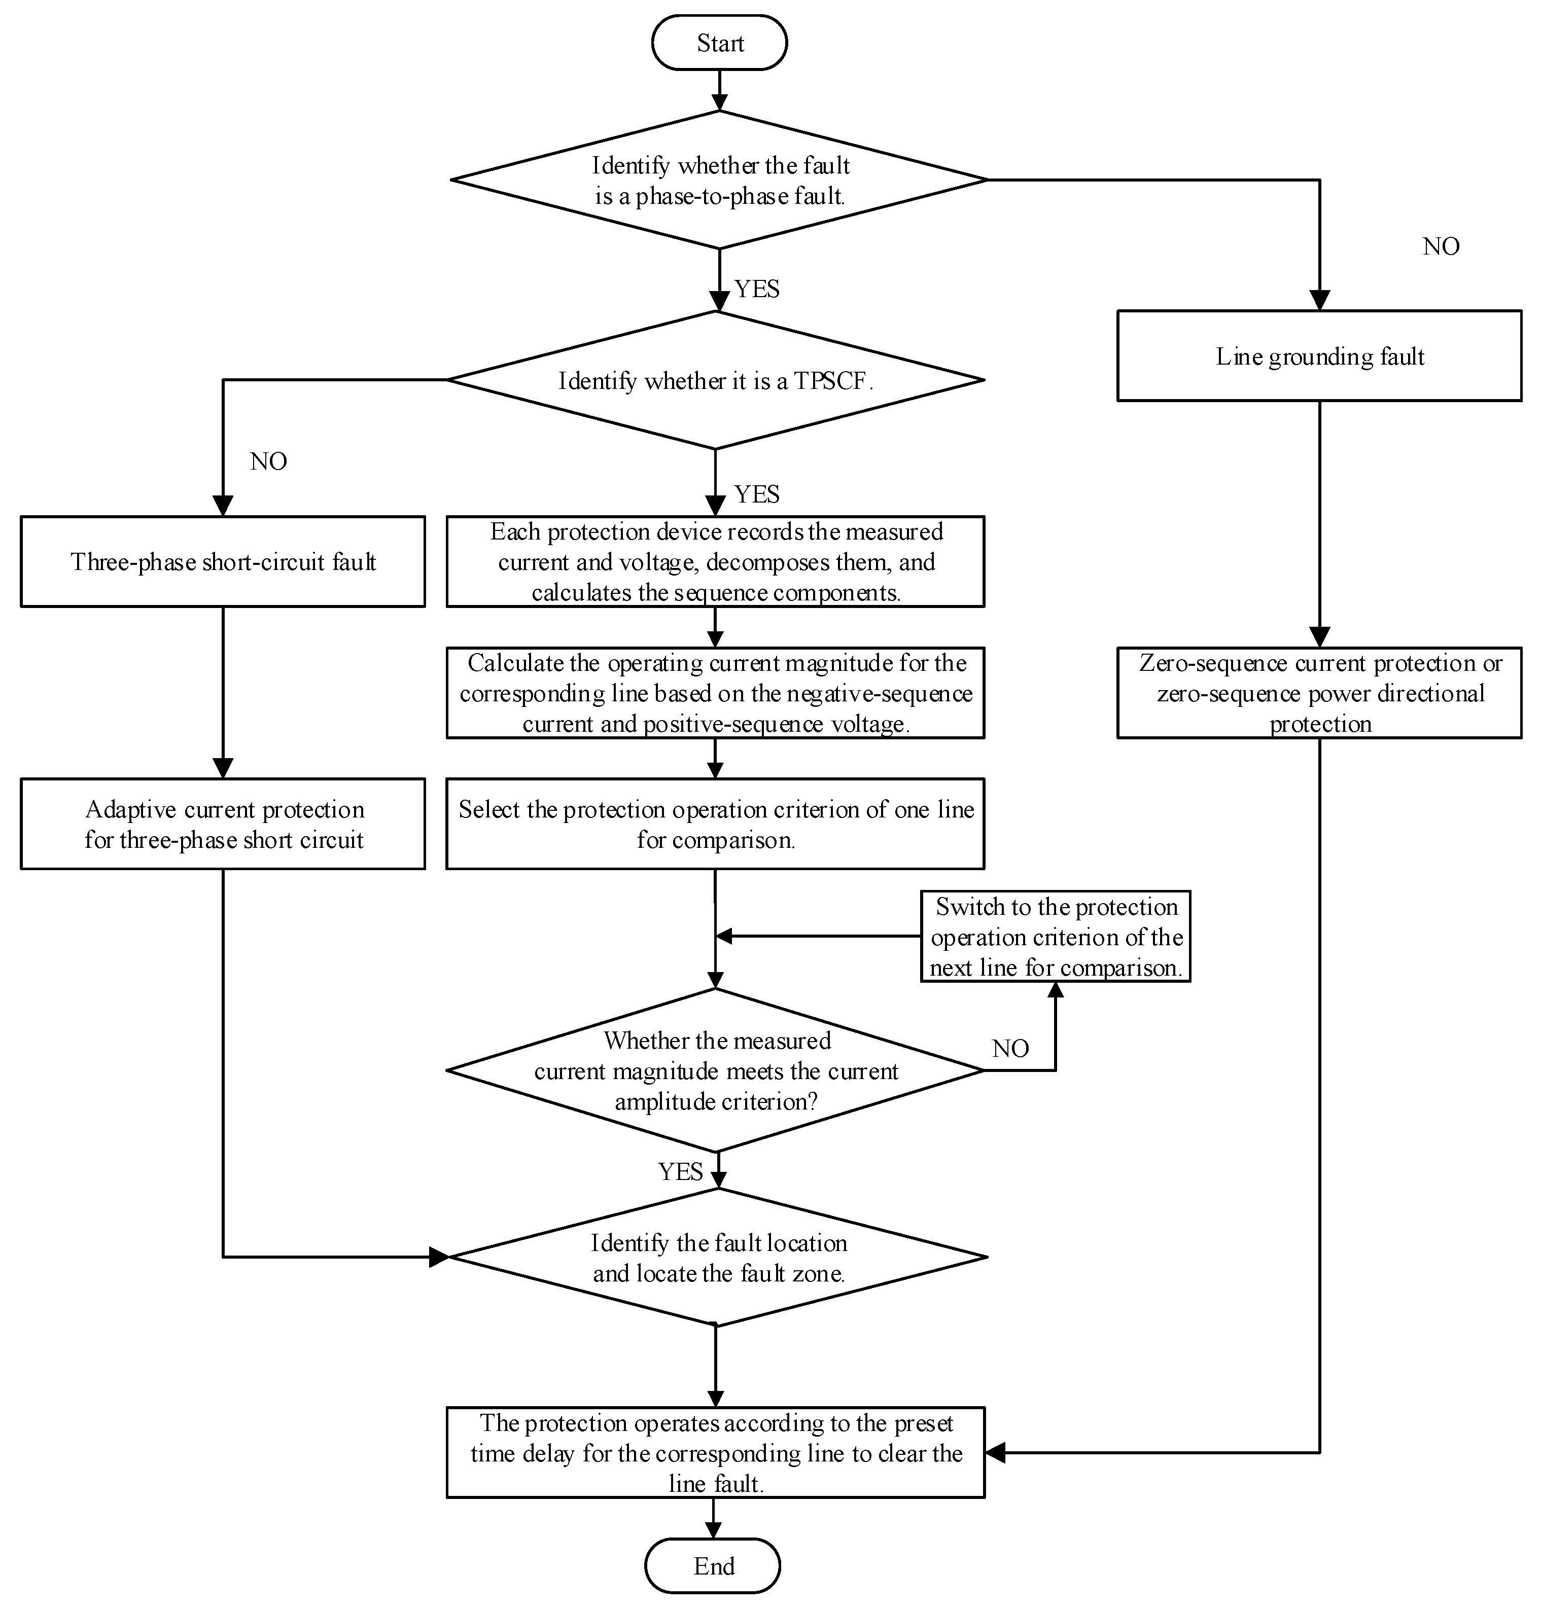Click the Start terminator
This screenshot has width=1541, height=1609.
(x=719, y=43)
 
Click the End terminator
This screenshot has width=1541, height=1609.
(x=713, y=1565)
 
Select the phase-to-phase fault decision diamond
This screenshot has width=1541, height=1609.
(x=719, y=180)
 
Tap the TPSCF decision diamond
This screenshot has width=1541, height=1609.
(x=716, y=380)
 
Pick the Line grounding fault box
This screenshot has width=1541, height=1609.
(x=1319, y=355)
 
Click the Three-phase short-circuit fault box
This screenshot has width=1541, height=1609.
(x=223, y=561)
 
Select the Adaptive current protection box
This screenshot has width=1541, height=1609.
(x=223, y=824)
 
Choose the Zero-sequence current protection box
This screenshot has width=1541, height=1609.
(x=1319, y=693)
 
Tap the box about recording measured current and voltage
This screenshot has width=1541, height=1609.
(x=715, y=561)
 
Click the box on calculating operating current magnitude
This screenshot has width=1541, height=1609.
(x=715, y=693)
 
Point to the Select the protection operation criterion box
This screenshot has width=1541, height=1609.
(x=715, y=824)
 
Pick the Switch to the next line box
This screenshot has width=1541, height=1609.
(x=1056, y=937)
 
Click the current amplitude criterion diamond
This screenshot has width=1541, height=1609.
(x=716, y=1070)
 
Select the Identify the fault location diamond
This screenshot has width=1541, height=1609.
(x=718, y=1257)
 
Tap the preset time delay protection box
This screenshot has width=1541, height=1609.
(x=715, y=1453)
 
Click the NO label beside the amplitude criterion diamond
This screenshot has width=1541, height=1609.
(x=1010, y=1048)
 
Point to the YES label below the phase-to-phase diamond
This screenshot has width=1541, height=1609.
(x=757, y=289)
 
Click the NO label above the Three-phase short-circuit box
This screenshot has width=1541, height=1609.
(x=268, y=461)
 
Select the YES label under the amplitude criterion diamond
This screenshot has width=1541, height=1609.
(x=681, y=1171)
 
